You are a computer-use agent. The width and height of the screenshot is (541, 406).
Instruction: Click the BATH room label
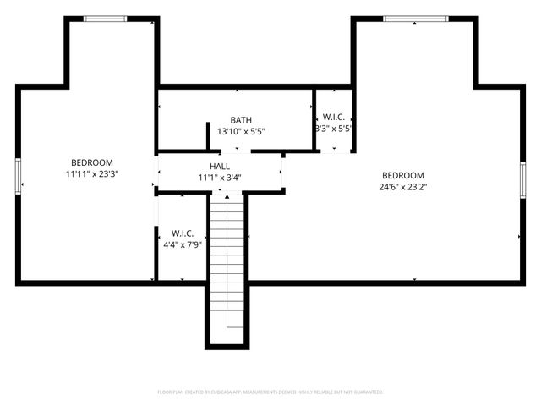pyautogui.click(x=241, y=120)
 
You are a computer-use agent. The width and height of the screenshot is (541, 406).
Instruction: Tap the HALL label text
pyautogui.click(x=221, y=167)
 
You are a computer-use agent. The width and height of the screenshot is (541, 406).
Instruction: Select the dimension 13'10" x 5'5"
pyautogui.click(x=241, y=132)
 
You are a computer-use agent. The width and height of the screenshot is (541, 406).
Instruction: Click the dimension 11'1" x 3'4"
pyautogui.click(x=221, y=178)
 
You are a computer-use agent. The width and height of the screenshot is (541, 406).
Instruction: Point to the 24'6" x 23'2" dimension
pyautogui.click(x=402, y=187)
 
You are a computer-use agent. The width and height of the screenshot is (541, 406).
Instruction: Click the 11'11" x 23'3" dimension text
pyautogui.click(x=92, y=174)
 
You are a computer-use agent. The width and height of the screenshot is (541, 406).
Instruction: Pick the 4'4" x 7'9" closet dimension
pyautogui.click(x=183, y=244)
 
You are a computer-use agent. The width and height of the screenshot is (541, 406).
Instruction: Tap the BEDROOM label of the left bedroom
pyautogui.click(x=92, y=162)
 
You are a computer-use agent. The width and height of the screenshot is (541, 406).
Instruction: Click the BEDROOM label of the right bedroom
pyautogui.click(x=402, y=175)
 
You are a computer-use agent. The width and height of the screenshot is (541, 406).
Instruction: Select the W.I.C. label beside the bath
pyautogui.click(x=333, y=117)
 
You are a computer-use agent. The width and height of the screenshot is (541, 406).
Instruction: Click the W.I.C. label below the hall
pyautogui.click(x=183, y=233)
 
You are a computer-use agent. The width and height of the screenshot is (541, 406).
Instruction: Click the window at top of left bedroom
pyautogui.click(x=105, y=19)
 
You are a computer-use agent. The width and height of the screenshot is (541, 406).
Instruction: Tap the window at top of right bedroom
pyautogui.click(x=415, y=19)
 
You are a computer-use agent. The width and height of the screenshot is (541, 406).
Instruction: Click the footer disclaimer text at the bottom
pyautogui.click(x=270, y=392)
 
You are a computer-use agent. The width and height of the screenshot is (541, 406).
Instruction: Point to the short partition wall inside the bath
pyautogui.click(x=208, y=137)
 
